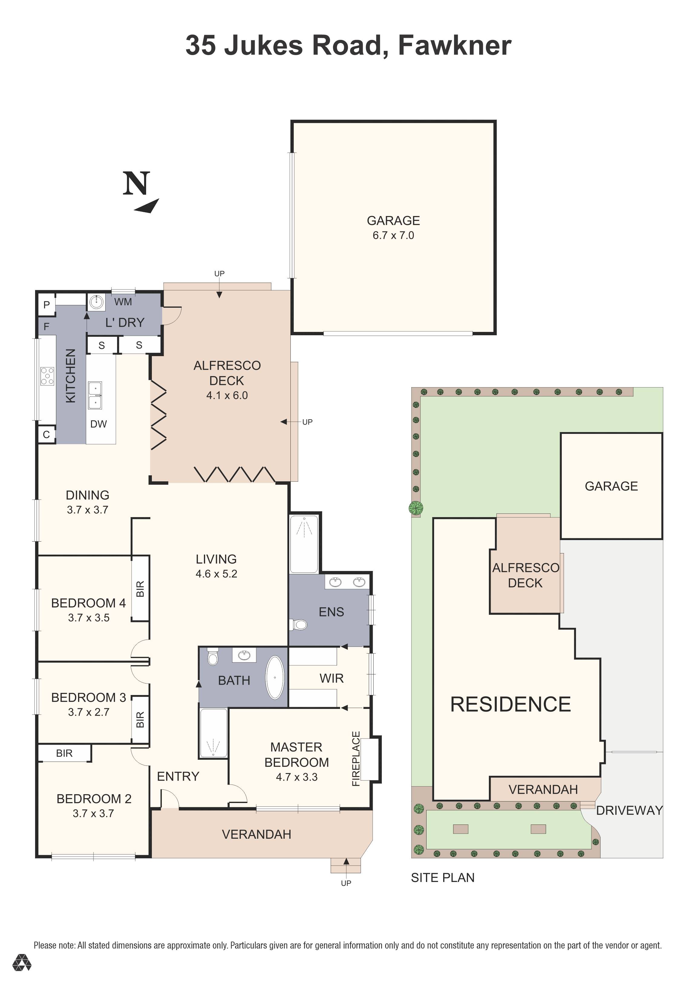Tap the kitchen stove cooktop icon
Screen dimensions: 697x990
(x=47, y=375)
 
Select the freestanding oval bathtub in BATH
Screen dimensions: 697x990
(x=275, y=677)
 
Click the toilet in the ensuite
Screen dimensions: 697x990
(x=298, y=624)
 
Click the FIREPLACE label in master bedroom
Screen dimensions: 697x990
(x=356, y=759)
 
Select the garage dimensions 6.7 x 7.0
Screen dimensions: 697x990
(x=393, y=235)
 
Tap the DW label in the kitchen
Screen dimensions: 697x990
(x=98, y=424)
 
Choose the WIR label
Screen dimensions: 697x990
(x=332, y=678)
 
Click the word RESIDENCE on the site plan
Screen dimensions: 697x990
(x=510, y=705)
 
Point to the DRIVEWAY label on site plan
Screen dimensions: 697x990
(x=629, y=811)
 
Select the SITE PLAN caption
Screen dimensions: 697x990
(x=443, y=878)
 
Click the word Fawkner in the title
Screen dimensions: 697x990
(x=455, y=45)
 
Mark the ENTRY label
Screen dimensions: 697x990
(x=178, y=777)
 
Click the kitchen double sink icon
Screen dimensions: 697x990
(x=95, y=395)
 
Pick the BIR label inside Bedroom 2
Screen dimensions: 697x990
(x=64, y=753)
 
